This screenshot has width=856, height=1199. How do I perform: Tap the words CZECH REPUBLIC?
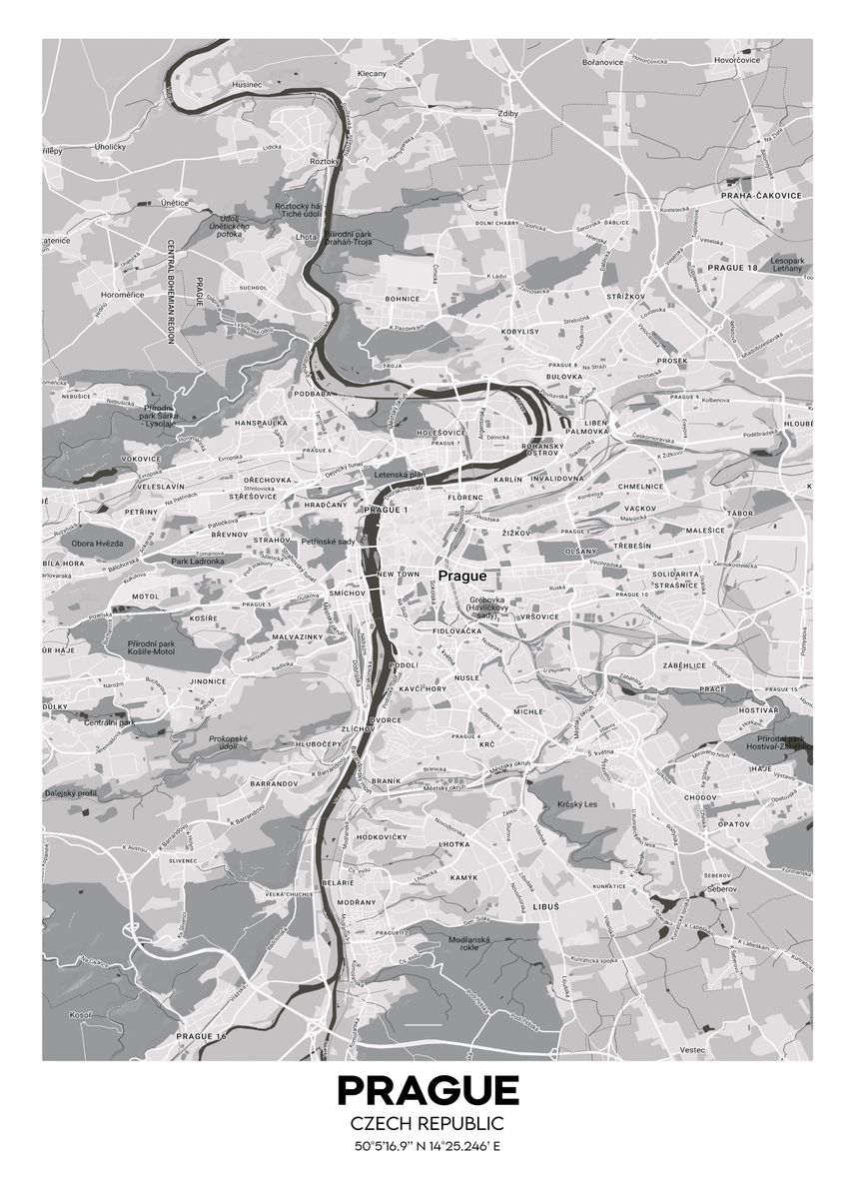(428, 1125)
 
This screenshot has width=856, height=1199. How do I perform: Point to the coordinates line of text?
(428, 1146)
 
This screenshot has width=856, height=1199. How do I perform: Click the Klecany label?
(372, 74)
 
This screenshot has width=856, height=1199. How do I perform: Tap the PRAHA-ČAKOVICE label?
(764, 196)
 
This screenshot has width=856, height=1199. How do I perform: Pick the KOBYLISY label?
(519, 331)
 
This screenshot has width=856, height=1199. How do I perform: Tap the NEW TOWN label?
(399, 576)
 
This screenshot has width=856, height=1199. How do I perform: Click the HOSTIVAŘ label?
(758, 709)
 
